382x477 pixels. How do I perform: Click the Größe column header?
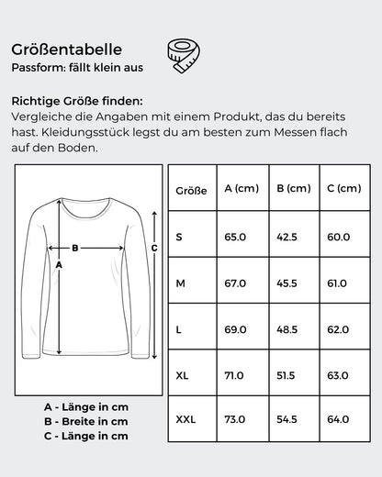click(190, 190)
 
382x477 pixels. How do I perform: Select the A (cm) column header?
click(242, 189)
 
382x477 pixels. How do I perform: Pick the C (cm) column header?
click(343, 189)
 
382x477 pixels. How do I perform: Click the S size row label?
click(179, 237)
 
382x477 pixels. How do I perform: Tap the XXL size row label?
click(186, 419)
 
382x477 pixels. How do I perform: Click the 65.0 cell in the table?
click(236, 237)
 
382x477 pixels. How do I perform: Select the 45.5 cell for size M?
click(287, 283)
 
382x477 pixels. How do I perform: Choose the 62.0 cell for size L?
click(339, 328)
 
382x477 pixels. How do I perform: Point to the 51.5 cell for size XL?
click(287, 374)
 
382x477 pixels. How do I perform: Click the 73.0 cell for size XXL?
click(236, 419)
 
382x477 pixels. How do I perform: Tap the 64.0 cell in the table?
click(339, 419)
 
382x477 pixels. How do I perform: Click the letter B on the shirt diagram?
click(75, 248)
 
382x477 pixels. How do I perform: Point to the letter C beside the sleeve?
click(154, 248)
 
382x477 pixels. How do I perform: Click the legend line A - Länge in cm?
click(86, 406)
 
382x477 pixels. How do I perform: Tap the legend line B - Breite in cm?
click(86, 421)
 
